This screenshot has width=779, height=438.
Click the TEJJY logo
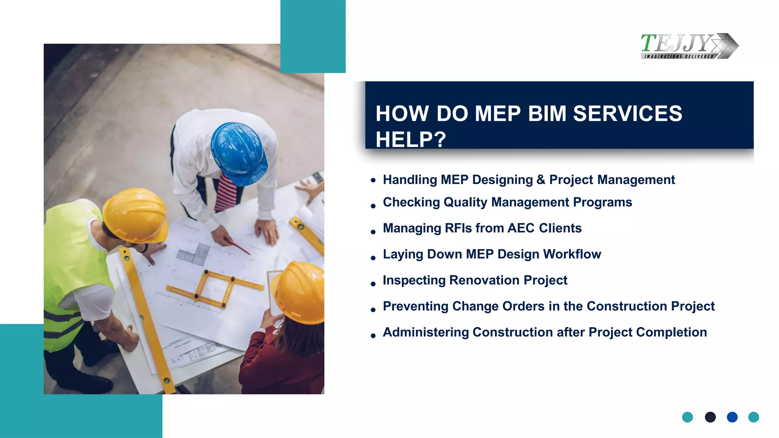(689, 46)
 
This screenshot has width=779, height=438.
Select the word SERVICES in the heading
(627, 114)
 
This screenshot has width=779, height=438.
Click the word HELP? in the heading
(410, 140)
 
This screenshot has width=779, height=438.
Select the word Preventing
(415, 306)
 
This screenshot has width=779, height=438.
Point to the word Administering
(426, 332)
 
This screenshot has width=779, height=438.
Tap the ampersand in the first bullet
(541, 180)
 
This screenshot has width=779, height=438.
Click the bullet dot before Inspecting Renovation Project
(373, 284)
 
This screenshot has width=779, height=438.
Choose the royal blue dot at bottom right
(732, 417)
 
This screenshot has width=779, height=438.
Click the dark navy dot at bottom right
(710, 417)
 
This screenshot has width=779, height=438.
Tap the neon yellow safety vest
(72, 274)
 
